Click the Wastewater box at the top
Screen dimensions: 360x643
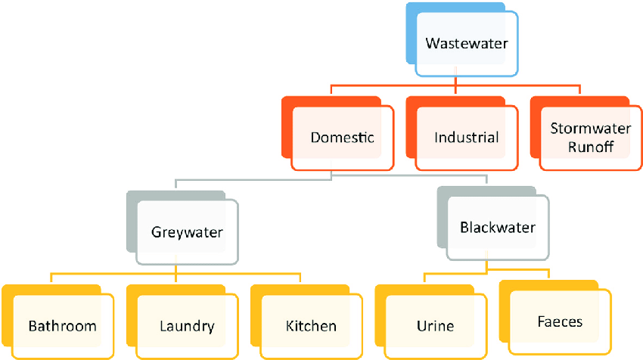pyautogui.click(x=467, y=43)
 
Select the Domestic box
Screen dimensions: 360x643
pyautogui.click(x=342, y=138)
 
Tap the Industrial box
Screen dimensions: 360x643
pyautogui.click(x=466, y=138)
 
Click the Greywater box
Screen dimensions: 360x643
pyautogui.click(x=187, y=231)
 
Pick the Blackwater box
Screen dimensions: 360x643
pyautogui.click(x=498, y=227)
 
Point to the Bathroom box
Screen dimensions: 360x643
pyautogui.click(x=63, y=326)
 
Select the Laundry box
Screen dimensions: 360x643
pyautogui.click(x=187, y=326)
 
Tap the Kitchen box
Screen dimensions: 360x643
pyautogui.click(x=311, y=326)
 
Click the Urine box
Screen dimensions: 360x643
pyautogui.click(x=435, y=326)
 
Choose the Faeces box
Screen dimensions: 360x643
pyautogui.click(x=560, y=321)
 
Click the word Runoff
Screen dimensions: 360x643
pyautogui.click(x=591, y=147)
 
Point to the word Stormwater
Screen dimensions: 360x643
pyautogui.click(x=591, y=129)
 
